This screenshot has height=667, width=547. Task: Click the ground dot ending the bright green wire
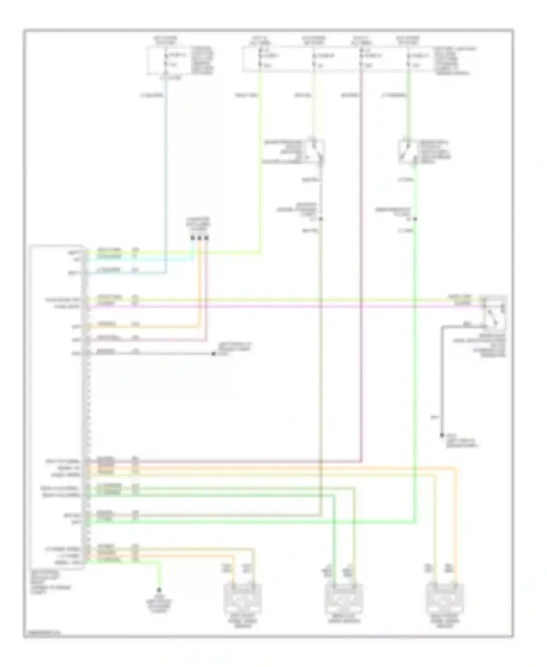159,590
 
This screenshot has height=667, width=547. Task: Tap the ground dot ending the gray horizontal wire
214,354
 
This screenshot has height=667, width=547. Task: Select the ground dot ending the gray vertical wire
442,435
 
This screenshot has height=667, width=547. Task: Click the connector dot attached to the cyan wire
193,238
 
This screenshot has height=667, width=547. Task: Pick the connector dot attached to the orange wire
199,238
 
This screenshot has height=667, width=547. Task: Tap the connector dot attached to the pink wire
206,238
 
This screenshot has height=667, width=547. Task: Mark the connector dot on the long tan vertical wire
321,219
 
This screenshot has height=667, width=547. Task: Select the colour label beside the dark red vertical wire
349,96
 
